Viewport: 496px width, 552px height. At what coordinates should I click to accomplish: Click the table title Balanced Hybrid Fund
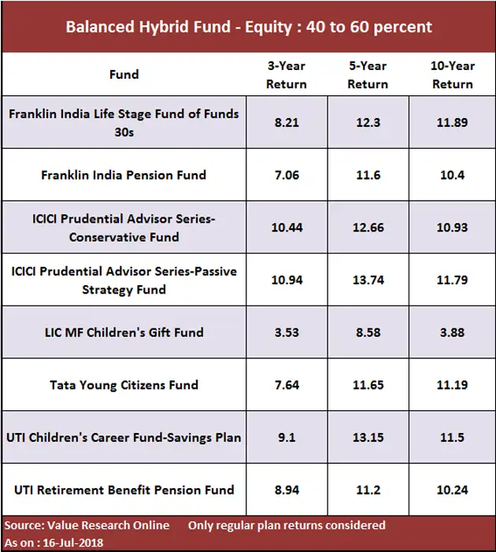pos(249,27)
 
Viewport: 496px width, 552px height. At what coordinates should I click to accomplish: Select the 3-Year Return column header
pos(286,75)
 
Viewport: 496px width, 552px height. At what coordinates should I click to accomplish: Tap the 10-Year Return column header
pos(451,75)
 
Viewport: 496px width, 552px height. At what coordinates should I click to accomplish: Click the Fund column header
pos(124,75)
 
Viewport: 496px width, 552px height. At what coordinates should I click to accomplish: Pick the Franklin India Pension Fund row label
pos(124,175)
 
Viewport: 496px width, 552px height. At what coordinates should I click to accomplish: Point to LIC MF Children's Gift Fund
pos(124,332)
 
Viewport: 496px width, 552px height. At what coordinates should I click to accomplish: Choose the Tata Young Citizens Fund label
pos(124,385)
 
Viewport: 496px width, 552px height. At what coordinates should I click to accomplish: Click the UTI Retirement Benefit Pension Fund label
pos(124,490)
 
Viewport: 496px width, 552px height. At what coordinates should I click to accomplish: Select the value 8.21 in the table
pos(286,122)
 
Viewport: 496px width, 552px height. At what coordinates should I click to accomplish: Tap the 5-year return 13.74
pos(368,280)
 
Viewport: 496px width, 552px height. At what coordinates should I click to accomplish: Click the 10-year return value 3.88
pos(451,332)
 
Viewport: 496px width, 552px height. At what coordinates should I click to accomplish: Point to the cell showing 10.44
pos(286,227)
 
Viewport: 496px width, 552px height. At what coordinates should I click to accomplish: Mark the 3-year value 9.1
pos(286,437)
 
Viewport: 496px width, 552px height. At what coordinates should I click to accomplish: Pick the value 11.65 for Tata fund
pos(368,385)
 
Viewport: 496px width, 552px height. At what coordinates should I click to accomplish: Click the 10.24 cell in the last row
pos(451,490)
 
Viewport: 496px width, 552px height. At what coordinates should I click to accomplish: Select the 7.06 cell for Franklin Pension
pos(286,175)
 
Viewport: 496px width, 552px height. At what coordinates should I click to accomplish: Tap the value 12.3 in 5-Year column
pos(368,122)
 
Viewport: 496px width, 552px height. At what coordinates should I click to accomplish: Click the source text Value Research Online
pos(110,525)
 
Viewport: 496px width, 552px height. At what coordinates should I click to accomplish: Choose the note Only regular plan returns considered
pos(287,525)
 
